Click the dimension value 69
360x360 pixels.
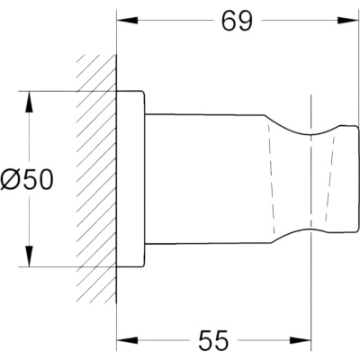pos(238,21)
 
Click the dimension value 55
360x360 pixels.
pos(214,340)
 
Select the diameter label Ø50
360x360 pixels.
pos(26,180)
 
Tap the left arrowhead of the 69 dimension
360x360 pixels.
pos(128,21)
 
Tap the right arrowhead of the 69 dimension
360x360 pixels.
pos(348,21)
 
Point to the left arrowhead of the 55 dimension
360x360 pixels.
pos(128,340)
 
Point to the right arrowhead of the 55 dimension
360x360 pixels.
pos(301,340)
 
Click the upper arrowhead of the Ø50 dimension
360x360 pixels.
pos(29,102)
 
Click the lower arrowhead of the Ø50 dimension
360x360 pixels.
pos(29,256)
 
